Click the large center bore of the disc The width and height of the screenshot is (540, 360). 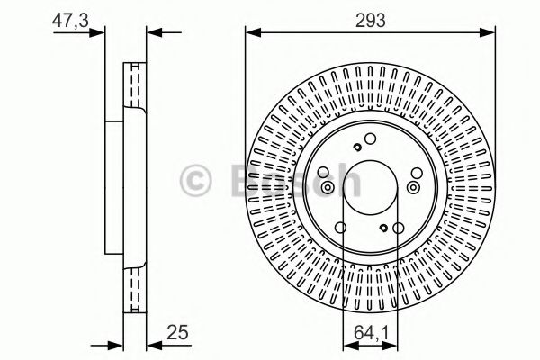point(370,186)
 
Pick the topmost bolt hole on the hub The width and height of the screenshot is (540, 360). point(370,138)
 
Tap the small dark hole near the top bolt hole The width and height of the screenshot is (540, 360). point(358,148)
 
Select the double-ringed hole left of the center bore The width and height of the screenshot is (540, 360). point(328,187)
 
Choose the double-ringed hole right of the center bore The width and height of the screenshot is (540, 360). point(413,186)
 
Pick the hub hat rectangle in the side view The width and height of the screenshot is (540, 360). point(113,187)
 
